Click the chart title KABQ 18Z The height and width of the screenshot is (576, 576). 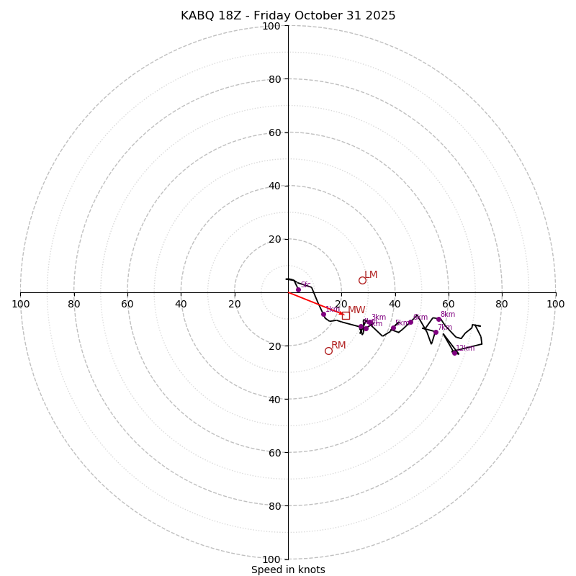point(288,16)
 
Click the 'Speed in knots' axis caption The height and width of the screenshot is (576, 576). point(288,570)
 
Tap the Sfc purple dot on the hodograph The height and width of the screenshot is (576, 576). point(298,289)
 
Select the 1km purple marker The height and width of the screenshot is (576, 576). point(323,314)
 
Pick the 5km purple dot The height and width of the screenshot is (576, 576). point(393,328)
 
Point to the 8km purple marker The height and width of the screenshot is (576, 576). point(438,319)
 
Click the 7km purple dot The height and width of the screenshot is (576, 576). point(436,332)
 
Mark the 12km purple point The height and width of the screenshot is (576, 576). point(454,353)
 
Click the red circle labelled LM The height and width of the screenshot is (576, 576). point(362,280)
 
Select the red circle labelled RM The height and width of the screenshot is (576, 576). point(328,351)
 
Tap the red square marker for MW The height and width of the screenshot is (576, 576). point(346,315)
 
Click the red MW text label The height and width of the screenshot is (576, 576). point(356,310)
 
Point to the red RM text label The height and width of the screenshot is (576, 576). point(338,346)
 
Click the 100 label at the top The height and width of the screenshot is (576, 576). point(271,27)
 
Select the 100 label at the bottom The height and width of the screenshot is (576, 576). point(271,559)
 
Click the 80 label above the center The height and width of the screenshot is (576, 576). point(274,79)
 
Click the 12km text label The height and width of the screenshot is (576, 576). point(465,348)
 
